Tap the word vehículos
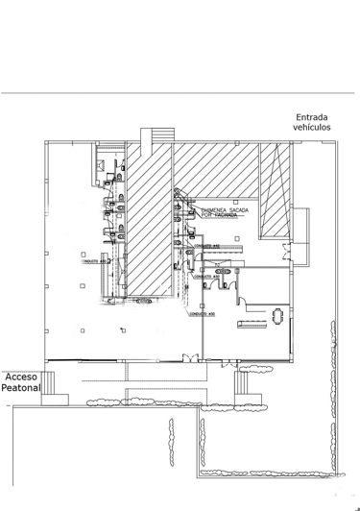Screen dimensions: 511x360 pyautogui.click(x=314, y=128)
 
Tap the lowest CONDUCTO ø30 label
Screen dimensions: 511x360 pyautogui.click(x=202, y=313)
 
